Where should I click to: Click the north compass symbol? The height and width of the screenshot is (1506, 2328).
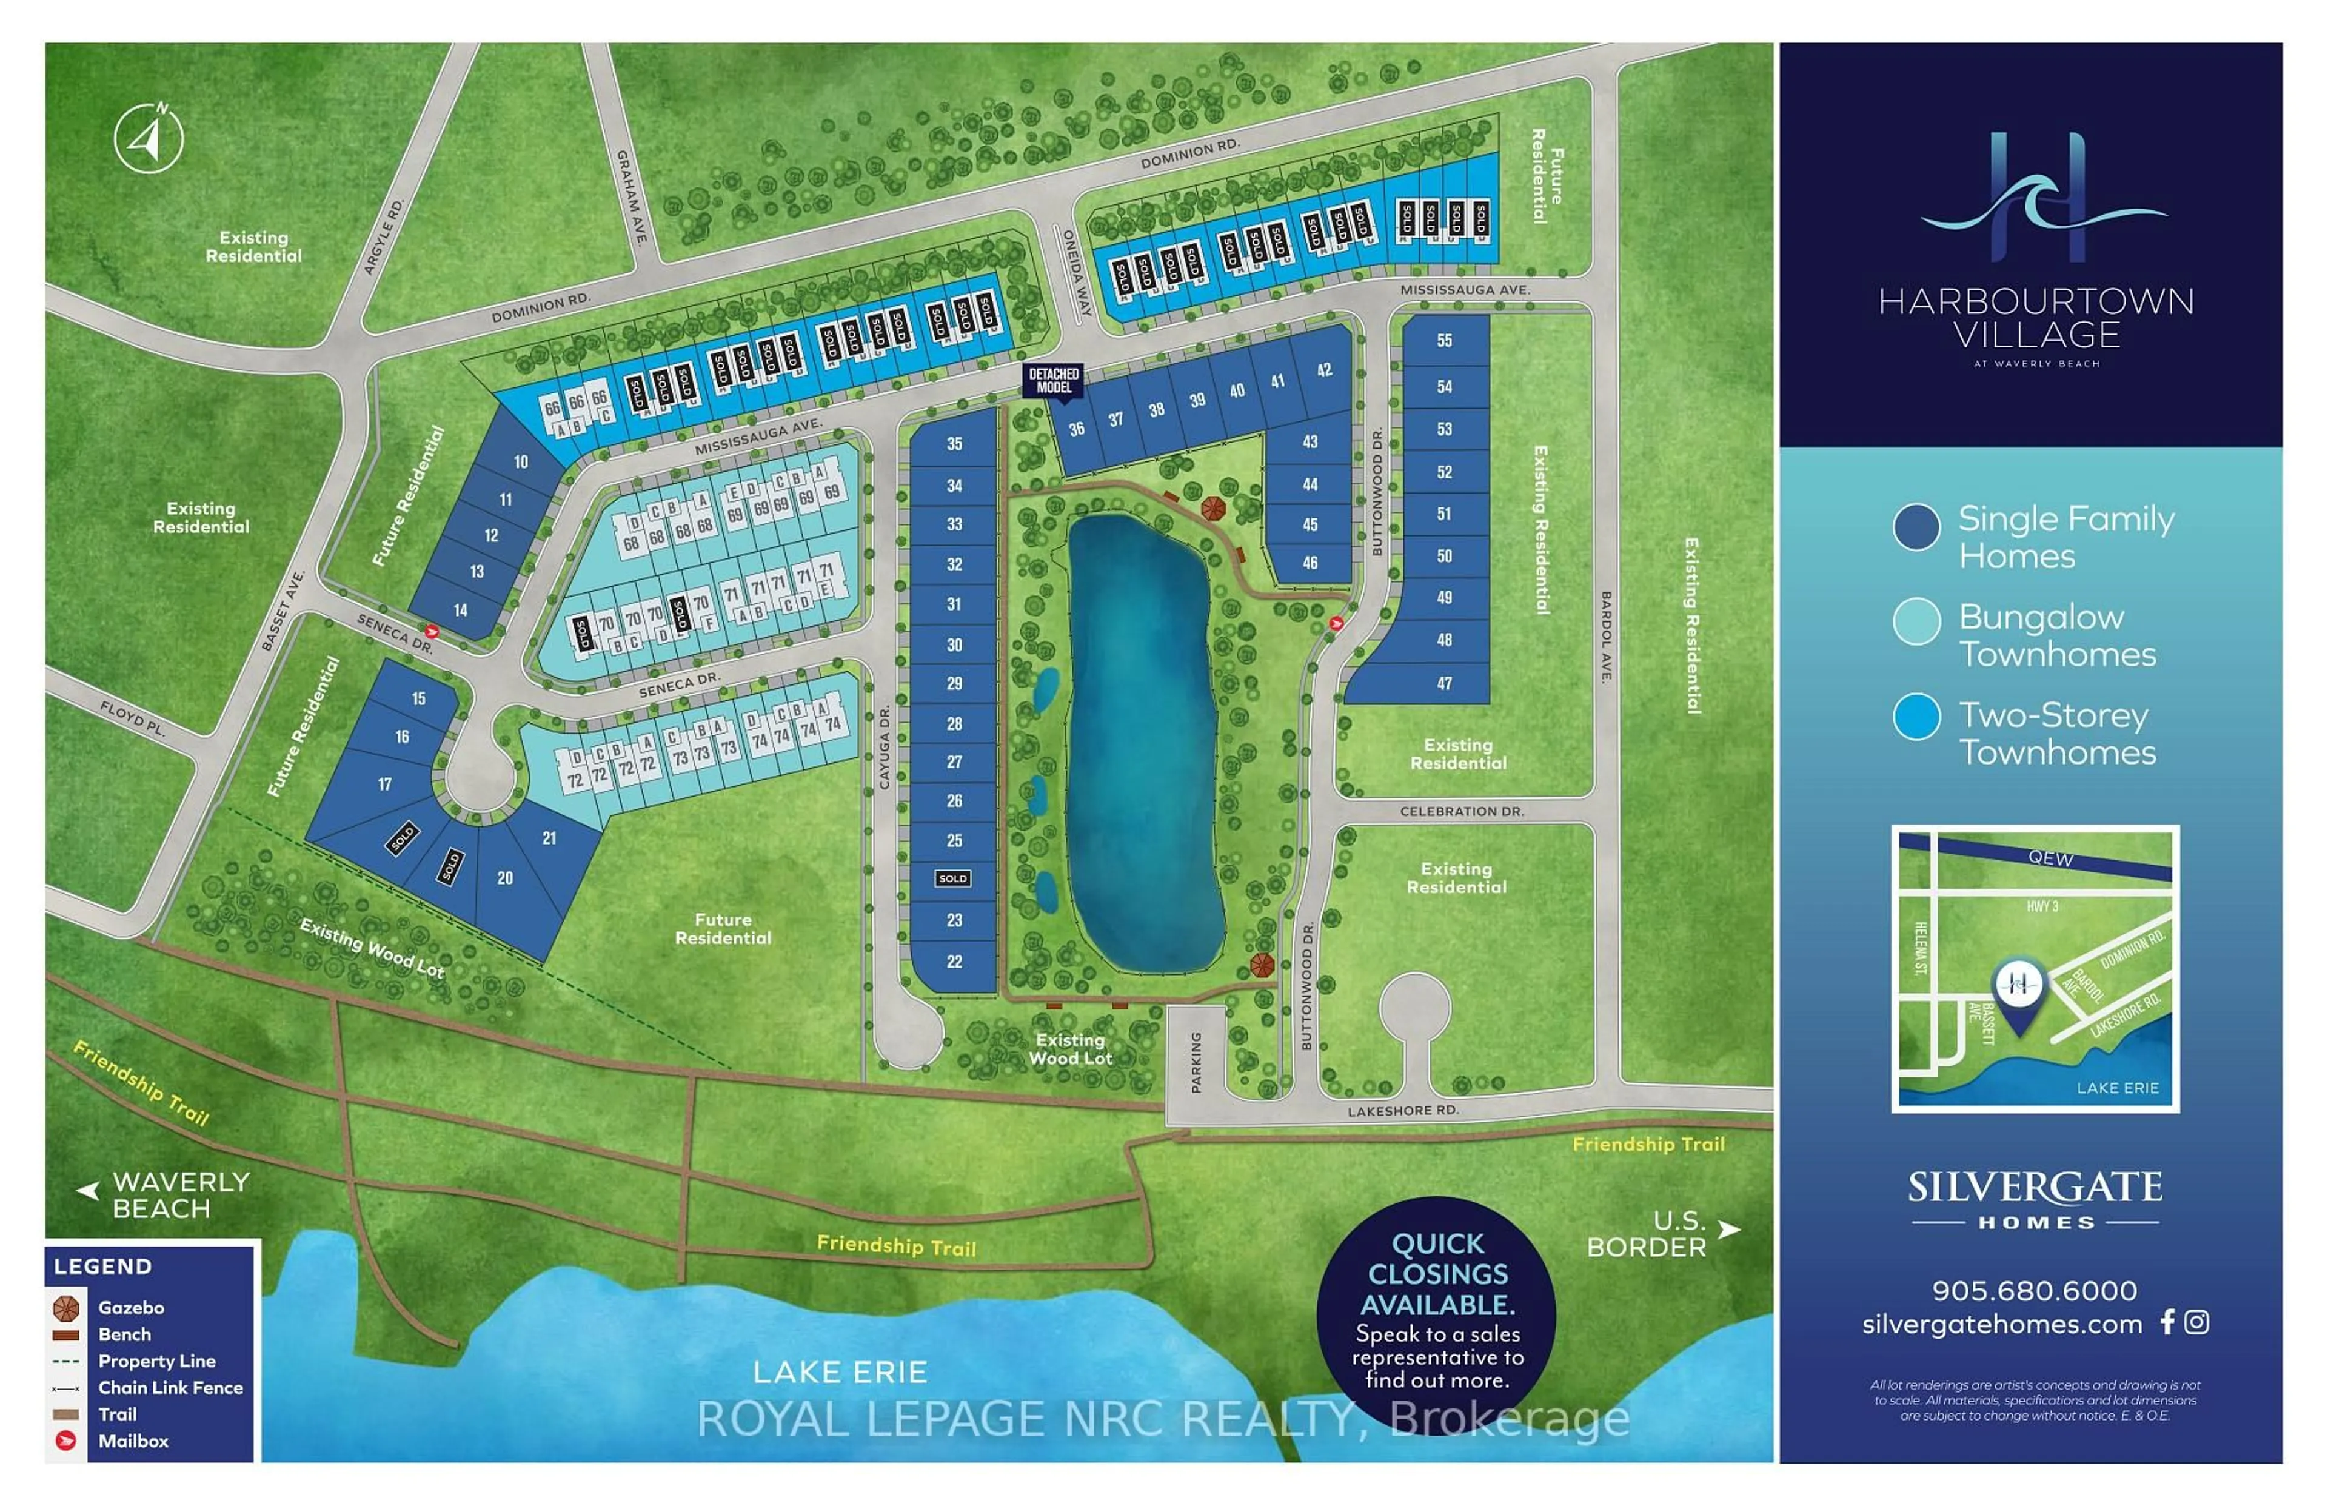tap(149, 138)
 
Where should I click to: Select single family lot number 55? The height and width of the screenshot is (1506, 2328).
tap(1444, 340)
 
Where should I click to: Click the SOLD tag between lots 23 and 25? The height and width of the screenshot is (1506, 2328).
tap(952, 878)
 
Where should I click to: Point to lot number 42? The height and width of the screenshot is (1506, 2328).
tap(1324, 370)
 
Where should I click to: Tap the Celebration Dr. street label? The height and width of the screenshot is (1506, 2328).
tap(1462, 811)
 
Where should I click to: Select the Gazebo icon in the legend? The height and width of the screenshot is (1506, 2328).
tap(65, 1308)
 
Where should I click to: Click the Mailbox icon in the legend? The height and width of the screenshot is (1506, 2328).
tap(65, 1441)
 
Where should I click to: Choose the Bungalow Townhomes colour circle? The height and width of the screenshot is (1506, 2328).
tap(1916, 622)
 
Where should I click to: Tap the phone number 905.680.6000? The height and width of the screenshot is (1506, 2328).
tap(2034, 1290)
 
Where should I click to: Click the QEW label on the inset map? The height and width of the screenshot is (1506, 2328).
tap(2050, 858)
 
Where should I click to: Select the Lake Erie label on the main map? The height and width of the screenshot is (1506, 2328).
tap(840, 1372)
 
